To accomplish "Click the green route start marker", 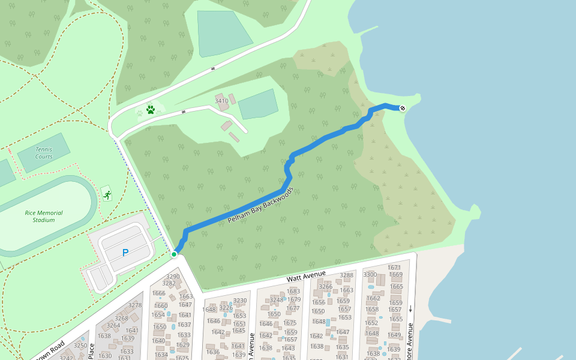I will point(174,254).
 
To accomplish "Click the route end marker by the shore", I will point(403,108).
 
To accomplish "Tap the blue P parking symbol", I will point(125,253).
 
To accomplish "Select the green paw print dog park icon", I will point(151,110).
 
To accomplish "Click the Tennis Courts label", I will point(44,153).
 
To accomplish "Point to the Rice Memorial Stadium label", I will point(44,216).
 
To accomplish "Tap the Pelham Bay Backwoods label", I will point(260,205).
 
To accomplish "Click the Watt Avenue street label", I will point(306,277).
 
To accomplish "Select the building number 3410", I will point(222,101).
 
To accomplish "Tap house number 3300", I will point(370,274).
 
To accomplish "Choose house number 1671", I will point(394,267).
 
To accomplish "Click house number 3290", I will point(173,277).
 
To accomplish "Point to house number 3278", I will point(135,305).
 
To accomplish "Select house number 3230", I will point(240,301).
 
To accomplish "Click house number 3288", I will point(347,275).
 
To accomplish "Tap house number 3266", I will point(325,287).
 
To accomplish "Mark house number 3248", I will point(277,300).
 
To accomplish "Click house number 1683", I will point(294,292).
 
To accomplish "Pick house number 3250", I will point(80,346).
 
